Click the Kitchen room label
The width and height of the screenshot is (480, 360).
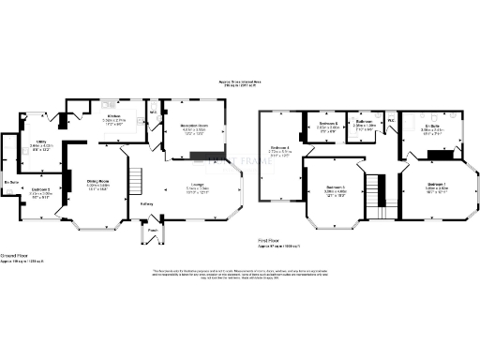[x=112, y=116]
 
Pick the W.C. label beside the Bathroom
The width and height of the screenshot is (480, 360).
[x=391, y=119]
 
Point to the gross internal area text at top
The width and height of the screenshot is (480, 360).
[x=240, y=83]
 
